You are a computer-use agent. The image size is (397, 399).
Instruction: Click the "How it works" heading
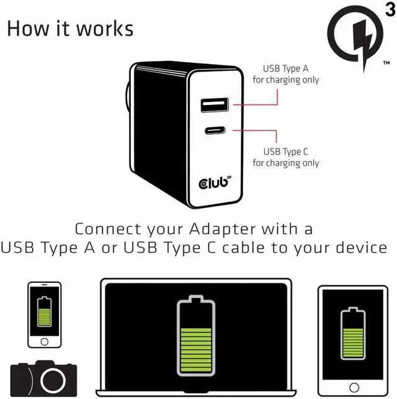[x=69, y=28]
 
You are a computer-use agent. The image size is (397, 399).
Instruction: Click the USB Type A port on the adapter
[x=214, y=104]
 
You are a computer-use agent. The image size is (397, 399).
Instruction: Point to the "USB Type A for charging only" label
[x=285, y=75]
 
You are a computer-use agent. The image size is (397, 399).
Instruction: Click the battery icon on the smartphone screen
[x=44, y=311]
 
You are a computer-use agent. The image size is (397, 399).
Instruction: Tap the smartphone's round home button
[x=44, y=341]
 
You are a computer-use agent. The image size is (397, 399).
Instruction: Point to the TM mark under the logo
[x=386, y=63]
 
